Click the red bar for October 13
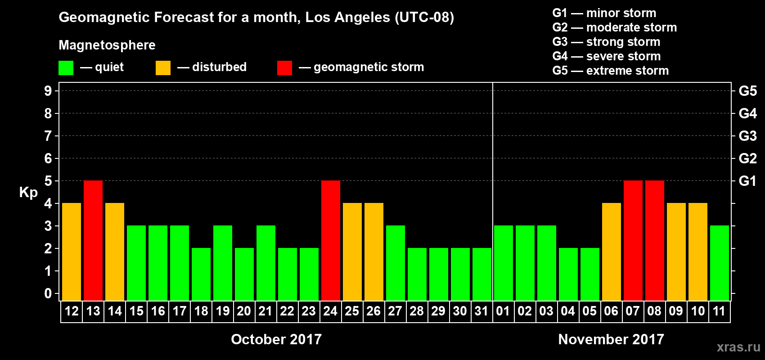coord(93,240)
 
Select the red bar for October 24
coord(331,240)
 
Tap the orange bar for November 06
coord(612,252)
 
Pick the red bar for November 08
coord(655,240)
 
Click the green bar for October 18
coord(201,274)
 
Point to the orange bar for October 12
coord(72,252)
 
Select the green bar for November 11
coord(720,263)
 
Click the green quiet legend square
coord(66,68)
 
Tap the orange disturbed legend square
coord(163,68)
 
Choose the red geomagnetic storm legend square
coord(284,68)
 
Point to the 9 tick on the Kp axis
coord(48,91)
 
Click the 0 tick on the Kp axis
coord(48,294)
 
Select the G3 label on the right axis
coord(747,136)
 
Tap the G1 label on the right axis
coord(747,181)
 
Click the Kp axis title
coord(28,193)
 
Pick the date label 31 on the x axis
coord(481,311)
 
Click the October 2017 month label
coord(276,339)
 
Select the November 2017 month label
coord(611,339)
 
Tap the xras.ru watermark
coord(738,347)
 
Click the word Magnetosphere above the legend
coord(107,45)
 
